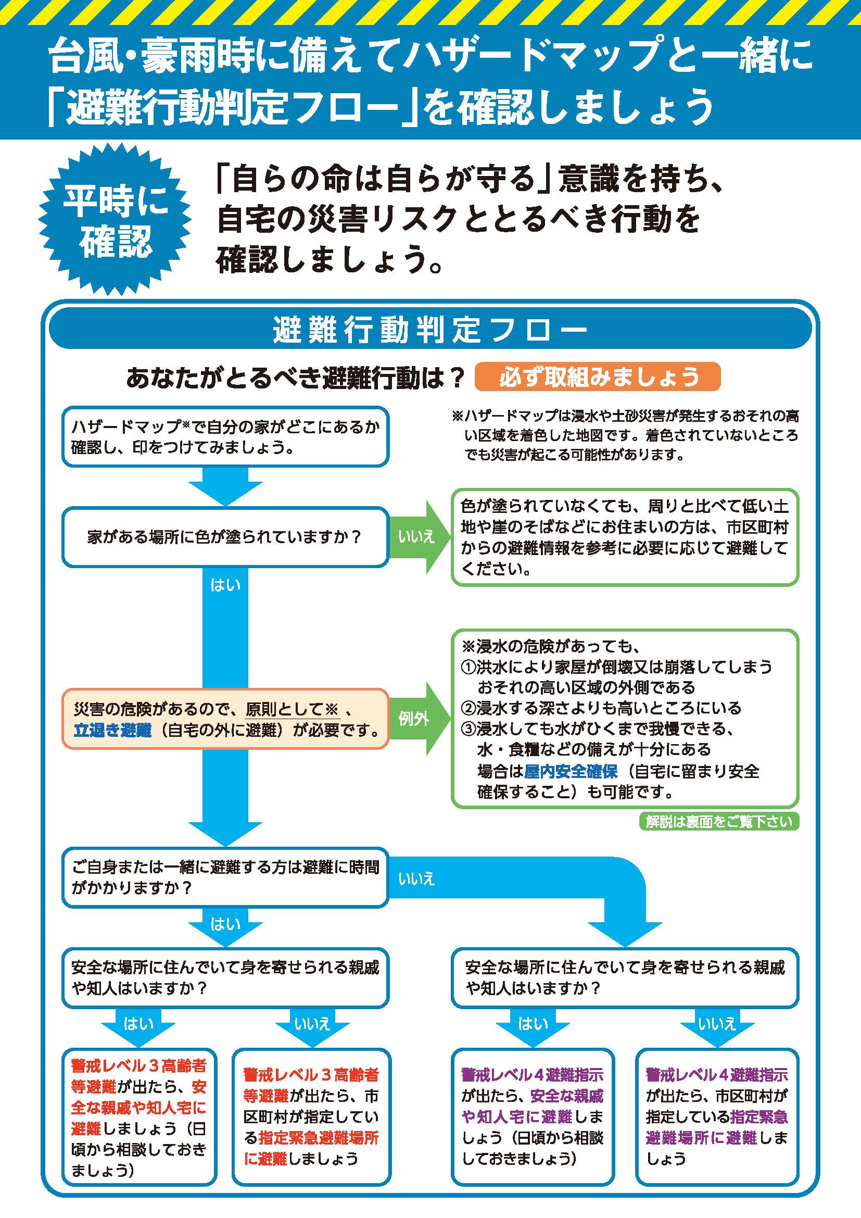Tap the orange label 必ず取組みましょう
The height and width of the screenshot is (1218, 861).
(x=598, y=377)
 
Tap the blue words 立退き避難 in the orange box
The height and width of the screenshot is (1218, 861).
(x=112, y=731)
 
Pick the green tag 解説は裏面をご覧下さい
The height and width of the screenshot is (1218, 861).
(x=718, y=822)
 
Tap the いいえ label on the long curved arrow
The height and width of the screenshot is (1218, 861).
(x=416, y=879)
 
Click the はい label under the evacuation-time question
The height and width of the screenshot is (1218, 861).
(x=225, y=925)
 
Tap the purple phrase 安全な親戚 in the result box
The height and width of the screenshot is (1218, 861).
(x=566, y=1096)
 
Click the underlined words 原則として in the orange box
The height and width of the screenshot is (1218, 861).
(x=284, y=710)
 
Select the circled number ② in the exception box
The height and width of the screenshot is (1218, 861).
(x=468, y=708)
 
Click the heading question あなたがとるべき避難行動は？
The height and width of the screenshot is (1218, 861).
(x=295, y=378)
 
